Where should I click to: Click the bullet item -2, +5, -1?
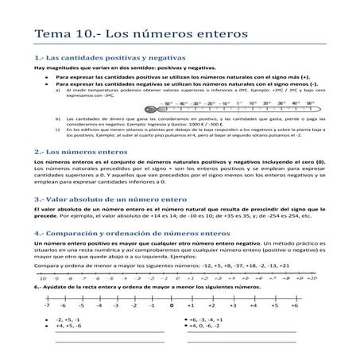tap(69, 319)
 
